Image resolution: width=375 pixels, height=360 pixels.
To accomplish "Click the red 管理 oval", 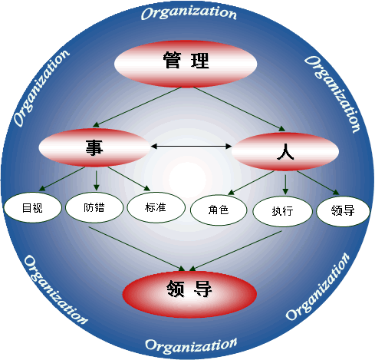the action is pyautogui.click(x=186, y=64).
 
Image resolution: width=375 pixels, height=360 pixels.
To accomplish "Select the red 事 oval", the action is pyautogui.click(x=94, y=147).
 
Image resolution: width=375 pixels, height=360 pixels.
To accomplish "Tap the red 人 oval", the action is pyautogui.click(x=285, y=151).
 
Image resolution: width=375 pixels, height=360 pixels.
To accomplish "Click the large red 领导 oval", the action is pyautogui.click(x=189, y=294).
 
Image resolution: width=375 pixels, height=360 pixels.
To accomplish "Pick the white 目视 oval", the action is pyautogui.click(x=32, y=207).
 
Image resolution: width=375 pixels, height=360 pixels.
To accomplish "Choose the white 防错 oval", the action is pyautogui.click(x=94, y=207).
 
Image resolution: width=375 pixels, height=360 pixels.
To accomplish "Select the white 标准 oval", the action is pyautogui.click(x=156, y=207).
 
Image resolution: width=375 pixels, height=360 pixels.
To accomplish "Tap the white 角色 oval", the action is pyautogui.click(x=219, y=210).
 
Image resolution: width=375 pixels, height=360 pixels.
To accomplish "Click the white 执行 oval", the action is pyautogui.click(x=282, y=211).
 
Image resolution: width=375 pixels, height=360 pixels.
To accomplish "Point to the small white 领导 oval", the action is pyautogui.click(x=343, y=211).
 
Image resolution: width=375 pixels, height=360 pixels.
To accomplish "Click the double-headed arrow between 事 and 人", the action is pyautogui.click(x=191, y=146).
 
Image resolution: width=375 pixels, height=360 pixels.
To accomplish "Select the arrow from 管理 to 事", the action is pyautogui.click(x=137, y=107).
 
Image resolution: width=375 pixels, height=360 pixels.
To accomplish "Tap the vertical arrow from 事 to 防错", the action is pyautogui.click(x=96, y=180).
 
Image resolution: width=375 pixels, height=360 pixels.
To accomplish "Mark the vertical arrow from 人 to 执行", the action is pyautogui.click(x=285, y=184).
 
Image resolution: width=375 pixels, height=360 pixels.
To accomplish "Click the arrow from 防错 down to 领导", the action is pyautogui.click(x=137, y=249).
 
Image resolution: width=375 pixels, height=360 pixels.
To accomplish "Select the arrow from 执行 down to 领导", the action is pyautogui.click(x=235, y=251).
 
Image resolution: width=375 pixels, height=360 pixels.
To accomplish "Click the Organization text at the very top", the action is pyautogui.click(x=189, y=13).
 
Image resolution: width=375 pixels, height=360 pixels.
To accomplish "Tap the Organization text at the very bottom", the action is pyautogui.click(x=191, y=346).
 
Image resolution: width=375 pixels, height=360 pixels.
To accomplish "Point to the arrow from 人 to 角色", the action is pyautogui.click(x=251, y=183).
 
